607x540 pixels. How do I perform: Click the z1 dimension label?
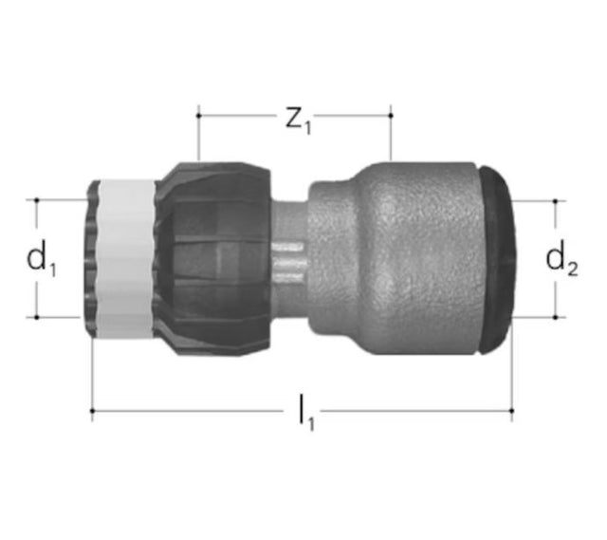298,121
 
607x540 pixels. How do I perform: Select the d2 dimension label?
561,259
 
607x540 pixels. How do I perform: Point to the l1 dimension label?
306,412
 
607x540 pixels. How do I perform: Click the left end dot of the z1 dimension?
198,116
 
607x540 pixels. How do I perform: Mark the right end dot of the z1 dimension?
391,116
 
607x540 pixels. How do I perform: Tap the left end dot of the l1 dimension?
92,411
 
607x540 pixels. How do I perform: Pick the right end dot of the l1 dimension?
512,411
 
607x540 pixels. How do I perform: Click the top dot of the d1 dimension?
37,200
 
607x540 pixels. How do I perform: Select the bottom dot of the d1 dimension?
37,317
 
